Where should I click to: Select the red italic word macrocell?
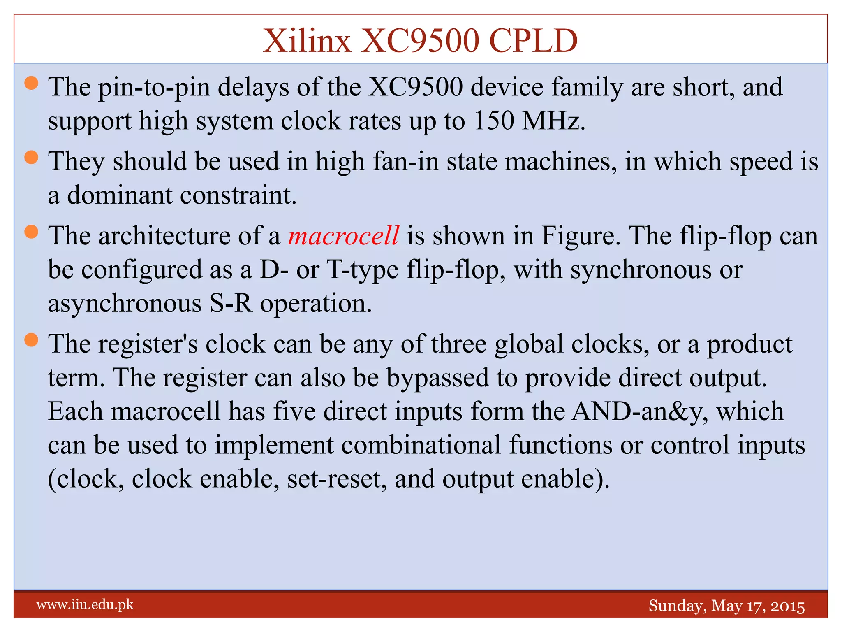coord(343,236)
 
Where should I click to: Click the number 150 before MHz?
coord(493,121)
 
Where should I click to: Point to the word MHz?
coord(553,121)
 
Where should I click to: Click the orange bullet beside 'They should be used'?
coord(31,158)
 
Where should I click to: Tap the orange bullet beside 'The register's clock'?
coord(31,340)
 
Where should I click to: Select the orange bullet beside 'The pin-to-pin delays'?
coord(31,84)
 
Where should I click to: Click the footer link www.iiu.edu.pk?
coord(85,605)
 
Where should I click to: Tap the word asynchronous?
coord(125,304)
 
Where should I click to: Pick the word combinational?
coord(421,445)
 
